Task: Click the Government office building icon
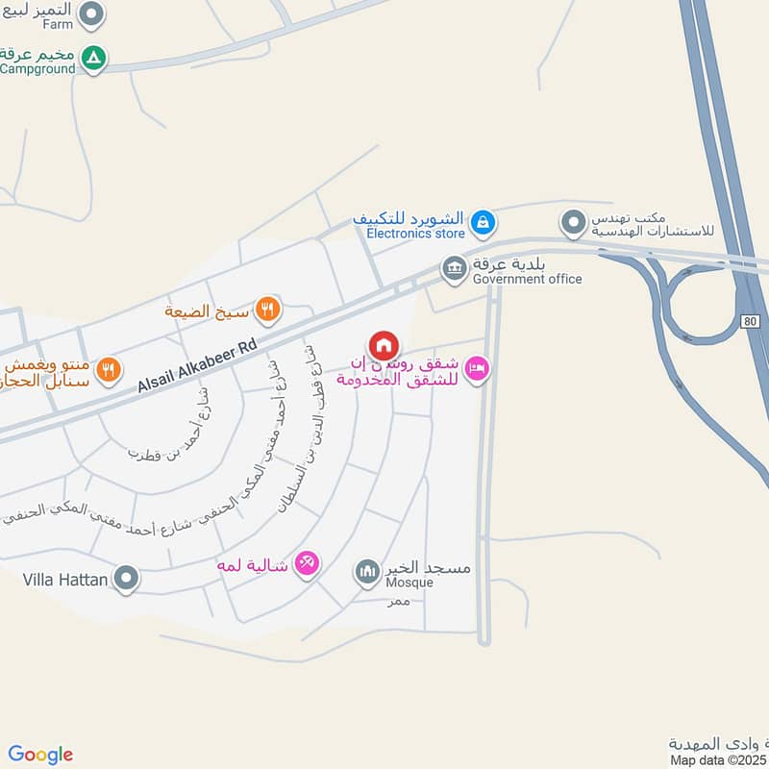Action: (x=454, y=268)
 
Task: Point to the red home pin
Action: (x=383, y=345)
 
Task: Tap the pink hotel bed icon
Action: (x=477, y=368)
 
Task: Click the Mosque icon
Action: (x=367, y=574)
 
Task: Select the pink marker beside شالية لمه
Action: (x=307, y=562)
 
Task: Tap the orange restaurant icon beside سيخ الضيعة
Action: (x=268, y=310)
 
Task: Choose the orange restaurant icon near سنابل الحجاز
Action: (x=109, y=367)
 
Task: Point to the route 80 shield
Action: (x=752, y=319)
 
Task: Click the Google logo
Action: (x=40, y=755)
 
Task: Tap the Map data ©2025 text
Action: (x=718, y=759)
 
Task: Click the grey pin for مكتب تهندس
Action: (x=574, y=224)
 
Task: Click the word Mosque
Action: (x=409, y=583)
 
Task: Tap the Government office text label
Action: (x=527, y=279)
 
